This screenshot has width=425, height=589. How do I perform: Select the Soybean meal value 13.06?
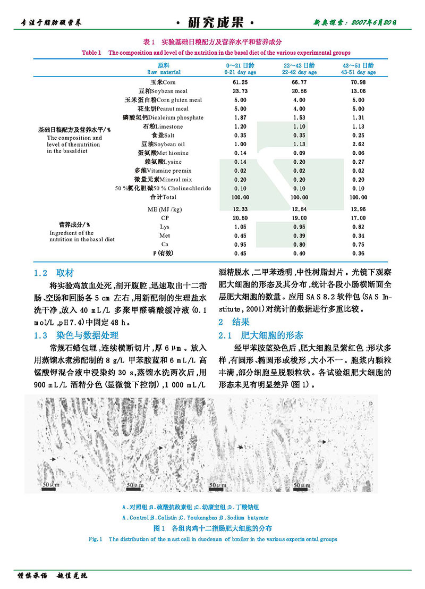click(358, 91)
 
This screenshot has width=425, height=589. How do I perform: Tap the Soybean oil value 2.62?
click(358, 144)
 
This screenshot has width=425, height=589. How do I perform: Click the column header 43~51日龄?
click(358, 65)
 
